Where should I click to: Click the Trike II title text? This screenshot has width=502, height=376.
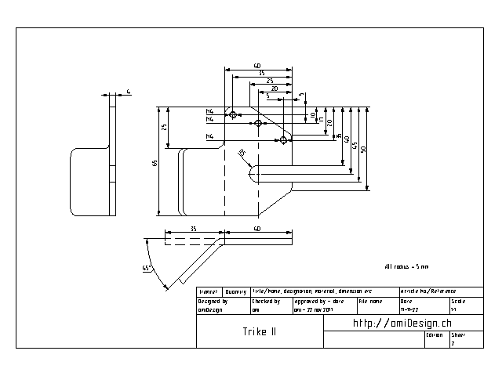(x=259, y=331)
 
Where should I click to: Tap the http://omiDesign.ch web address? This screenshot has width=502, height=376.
(x=402, y=323)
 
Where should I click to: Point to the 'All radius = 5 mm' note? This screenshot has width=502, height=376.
(x=406, y=267)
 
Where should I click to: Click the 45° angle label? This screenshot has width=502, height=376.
(x=146, y=268)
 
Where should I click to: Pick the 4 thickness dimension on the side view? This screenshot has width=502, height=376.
(x=129, y=92)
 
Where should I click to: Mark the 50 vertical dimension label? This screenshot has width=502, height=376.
(x=363, y=149)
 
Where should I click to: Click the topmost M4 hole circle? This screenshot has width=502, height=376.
(x=234, y=115)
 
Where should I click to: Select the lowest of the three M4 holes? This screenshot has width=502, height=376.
(x=283, y=140)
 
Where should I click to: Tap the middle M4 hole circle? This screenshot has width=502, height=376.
(x=258, y=123)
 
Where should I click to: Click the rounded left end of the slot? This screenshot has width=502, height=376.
(x=253, y=172)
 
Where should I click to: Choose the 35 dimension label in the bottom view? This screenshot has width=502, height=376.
(x=193, y=229)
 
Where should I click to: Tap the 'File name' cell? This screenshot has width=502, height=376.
(x=377, y=305)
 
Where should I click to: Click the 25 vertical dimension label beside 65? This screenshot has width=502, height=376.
(x=164, y=127)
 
